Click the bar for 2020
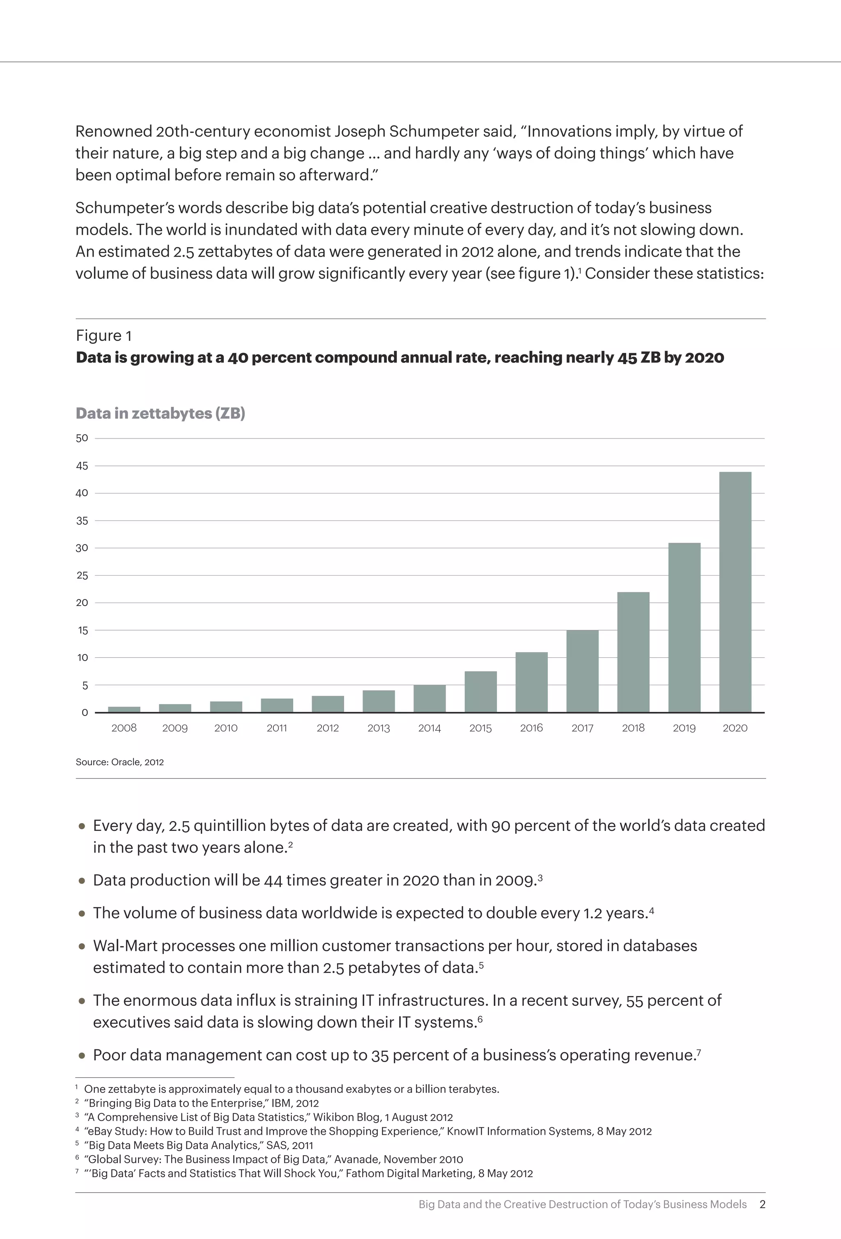pyautogui.click(x=735, y=592)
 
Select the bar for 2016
pyautogui.click(x=531, y=682)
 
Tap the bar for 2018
pyautogui.click(x=633, y=652)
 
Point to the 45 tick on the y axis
pyautogui.click(x=82, y=466)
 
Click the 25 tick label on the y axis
pyautogui.click(x=82, y=575)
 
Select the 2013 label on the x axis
pyautogui.click(x=379, y=728)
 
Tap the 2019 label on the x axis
pyautogui.click(x=684, y=728)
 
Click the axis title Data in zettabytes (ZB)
pyautogui.click(x=160, y=413)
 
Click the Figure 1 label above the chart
pyautogui.click(x=103, y=335)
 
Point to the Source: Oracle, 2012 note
pyautogui.click(x=119, y=762)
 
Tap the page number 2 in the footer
pyautogui.click(x=762, y=1205)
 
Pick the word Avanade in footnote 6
pyautogui.click(x=354, y=1159)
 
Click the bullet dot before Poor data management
pyautogui.click(x=82, y=1055)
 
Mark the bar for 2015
pyautogui.click(x=480, y=691)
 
